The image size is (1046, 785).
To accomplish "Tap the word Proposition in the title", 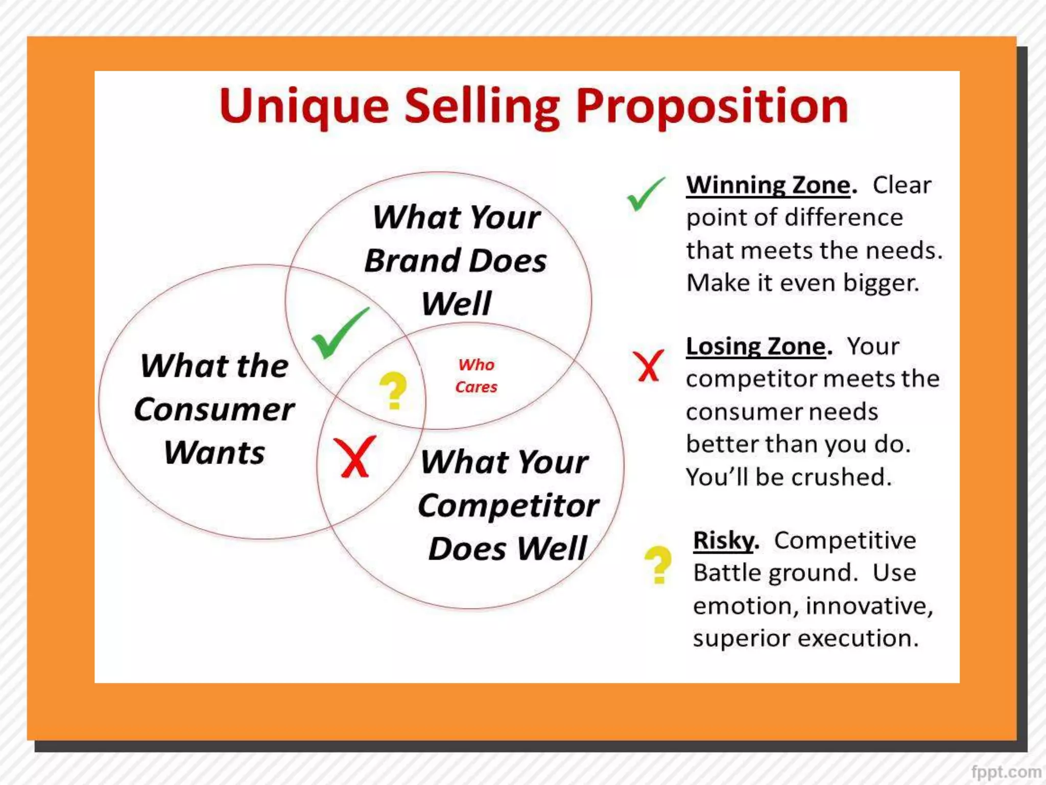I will [712, 107].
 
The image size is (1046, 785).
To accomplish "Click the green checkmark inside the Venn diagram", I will [339, 333].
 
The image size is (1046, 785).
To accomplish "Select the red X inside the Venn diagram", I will [354, 456].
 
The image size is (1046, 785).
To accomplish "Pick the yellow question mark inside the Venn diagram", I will [393, 390].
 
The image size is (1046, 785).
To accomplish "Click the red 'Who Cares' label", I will [476, 376].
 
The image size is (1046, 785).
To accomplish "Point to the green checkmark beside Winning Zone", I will [646, 194].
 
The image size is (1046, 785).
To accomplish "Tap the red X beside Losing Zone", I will [648, 366].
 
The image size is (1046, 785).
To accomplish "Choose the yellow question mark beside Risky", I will [658, 564].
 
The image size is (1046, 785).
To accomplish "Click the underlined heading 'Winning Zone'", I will [768, 185].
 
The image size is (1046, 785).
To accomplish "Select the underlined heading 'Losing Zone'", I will [756, 347].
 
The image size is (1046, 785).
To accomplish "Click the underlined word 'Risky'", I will [723, 541].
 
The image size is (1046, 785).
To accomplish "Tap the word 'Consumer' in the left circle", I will [215, 410].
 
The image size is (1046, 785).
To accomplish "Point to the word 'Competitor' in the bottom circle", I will [508, 506].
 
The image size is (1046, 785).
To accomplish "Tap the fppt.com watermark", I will [1006, 772].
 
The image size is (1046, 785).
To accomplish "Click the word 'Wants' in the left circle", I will [215, 453].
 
